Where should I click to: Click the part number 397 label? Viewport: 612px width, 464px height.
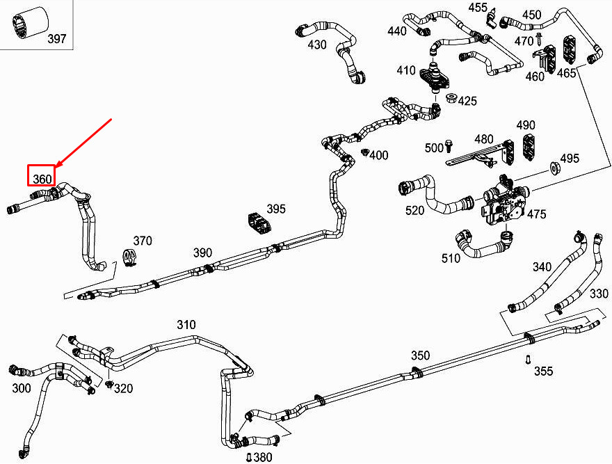(57, 39)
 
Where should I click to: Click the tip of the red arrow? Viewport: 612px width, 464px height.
(57, 167)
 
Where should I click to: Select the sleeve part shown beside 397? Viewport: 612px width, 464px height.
(30, 23)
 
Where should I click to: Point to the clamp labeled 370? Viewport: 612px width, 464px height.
(130, 257)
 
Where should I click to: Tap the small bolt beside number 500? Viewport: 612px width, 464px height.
(448, 145)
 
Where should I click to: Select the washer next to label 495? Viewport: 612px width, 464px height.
(554, 166)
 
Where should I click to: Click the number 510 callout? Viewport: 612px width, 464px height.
(451, 258)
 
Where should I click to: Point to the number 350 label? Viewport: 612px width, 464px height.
(420, 355)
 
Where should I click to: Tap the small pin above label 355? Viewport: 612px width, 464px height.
(528, 359)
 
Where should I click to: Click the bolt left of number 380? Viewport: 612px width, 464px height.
(250, 456)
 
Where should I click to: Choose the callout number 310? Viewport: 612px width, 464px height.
(186, 325)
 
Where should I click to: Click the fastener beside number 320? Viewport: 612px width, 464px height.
(110, 384)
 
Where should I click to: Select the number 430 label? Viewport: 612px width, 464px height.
(317, 45)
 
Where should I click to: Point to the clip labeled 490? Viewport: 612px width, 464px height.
(529, 147)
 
